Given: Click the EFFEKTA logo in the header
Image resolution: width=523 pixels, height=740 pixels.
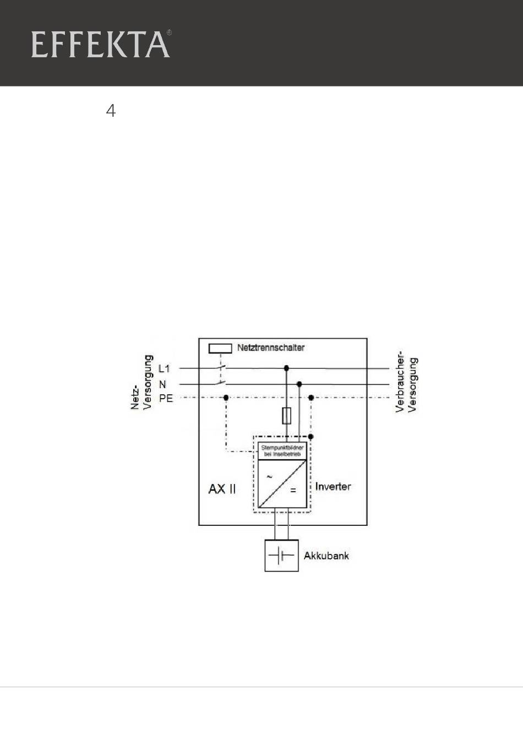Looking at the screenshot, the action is click(100, 45).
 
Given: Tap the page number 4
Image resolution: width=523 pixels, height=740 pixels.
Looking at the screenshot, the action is click(111, 111).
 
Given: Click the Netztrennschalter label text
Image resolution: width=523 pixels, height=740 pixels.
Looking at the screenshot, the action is click(270, 347).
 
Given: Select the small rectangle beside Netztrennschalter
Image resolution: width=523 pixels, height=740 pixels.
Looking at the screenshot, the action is click(220, 348).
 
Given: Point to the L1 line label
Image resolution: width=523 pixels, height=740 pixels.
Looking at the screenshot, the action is click(164, 369).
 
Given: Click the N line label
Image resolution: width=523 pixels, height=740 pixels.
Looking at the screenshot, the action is click(162, 384).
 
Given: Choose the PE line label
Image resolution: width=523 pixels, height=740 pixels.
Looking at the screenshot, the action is click(166, 398).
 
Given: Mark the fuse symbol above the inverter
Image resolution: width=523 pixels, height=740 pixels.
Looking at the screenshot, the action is click(286, 416).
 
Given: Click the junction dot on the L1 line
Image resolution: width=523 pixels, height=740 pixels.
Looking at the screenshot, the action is click(286, 368).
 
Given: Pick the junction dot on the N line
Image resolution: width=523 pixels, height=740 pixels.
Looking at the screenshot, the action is click(299, 384).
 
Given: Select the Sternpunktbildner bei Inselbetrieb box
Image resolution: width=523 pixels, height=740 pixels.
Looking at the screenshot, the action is click(282, 451).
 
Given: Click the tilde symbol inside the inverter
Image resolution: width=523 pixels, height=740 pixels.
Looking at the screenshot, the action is click(269, 477).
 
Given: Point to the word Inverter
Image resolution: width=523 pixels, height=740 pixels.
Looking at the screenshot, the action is click(333, 487).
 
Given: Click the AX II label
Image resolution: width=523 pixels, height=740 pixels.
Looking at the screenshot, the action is click(222, 488).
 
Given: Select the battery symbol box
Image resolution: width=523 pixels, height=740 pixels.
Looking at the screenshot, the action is click(281, 556).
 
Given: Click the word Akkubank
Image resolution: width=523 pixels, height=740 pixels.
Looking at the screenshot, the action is click(326, 556).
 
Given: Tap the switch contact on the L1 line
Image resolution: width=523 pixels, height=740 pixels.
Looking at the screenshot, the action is click(221, 367).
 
